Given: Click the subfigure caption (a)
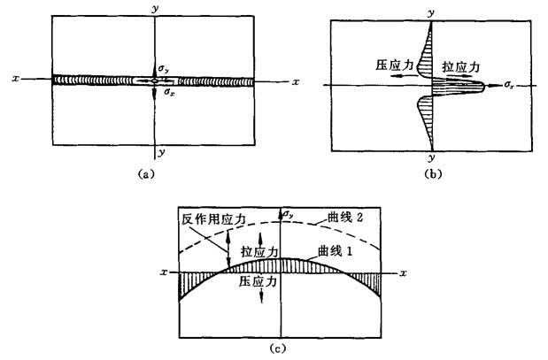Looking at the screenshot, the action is coord(146,173).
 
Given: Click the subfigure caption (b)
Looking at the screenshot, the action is coord(433,173).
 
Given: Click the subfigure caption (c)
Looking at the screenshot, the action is coord(278,349).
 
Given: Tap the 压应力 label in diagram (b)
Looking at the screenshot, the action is coord(395,65).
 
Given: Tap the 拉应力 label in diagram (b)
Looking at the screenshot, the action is coord(461,66).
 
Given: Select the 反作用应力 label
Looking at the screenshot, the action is coord(214,219).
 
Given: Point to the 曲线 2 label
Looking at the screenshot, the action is coord(345,218).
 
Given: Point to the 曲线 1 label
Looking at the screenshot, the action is coord(336,250).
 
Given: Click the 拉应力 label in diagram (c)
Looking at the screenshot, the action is coord(259,251).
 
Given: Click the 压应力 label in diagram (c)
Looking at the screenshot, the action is coord(258,281).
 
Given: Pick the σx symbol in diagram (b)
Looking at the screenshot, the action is coord(509,85).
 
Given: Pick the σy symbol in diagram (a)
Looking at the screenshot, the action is coord(164,70).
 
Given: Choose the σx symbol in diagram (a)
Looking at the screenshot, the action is coord(170,93).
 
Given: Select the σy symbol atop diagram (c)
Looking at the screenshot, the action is coord(288,214).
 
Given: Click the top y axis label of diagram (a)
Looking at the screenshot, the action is coord(155,9).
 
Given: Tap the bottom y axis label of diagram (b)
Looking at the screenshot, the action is coord(432,157).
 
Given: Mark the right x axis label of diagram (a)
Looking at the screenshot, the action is coord(296,82).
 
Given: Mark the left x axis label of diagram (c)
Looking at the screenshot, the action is coord(164,272).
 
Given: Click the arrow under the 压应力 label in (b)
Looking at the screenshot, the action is coord(404,75).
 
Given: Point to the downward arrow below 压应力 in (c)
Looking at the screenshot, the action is coord(261,295).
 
